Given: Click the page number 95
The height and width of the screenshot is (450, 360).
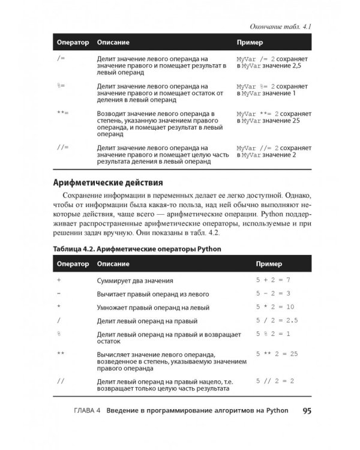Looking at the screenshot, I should [307, 411].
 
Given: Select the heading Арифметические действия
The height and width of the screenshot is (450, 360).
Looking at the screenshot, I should [109, 182].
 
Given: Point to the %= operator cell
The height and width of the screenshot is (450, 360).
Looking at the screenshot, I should [59, 86].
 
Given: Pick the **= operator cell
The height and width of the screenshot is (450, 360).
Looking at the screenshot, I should [62, 113].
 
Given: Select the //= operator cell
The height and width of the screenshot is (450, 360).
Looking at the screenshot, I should [62, 147].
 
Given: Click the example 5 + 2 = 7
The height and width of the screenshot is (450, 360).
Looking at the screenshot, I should [273, 280].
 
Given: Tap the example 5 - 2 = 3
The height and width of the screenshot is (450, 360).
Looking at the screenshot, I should [273, 293].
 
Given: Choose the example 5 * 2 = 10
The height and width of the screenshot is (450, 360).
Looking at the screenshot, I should [275, 307].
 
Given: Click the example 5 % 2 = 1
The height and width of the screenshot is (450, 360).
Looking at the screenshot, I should [273, 334].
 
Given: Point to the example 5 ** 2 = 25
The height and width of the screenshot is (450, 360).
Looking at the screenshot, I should [277, 355].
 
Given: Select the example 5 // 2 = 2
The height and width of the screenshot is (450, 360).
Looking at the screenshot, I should [275, 381].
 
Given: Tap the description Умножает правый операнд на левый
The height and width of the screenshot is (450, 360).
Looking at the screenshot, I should [154, 307].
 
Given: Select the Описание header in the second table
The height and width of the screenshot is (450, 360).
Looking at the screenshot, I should [114, 264].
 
